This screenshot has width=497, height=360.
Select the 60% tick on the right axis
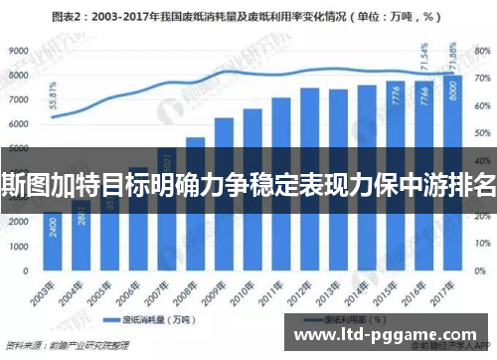480,132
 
